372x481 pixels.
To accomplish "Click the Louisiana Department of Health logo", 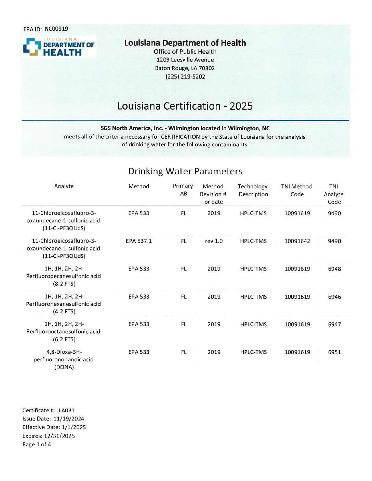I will point(59,47).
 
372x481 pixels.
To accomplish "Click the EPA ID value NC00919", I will point(56,29).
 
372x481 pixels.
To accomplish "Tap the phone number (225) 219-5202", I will point(185,77).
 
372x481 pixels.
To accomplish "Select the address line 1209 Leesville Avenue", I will point(185,60).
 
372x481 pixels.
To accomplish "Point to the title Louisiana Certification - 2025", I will point(185,106).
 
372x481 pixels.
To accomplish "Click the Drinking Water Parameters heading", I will point(185,171).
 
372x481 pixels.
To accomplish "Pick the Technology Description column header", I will point(253,190).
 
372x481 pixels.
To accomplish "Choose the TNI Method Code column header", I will point(297,190).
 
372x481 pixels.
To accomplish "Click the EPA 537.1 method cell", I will point(139,241).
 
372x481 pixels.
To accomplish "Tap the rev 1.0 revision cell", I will point(214,241).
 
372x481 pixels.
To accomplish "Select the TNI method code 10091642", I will point(297,241).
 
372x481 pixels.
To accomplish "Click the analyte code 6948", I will point(334,269).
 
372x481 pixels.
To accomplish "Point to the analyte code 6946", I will point(334,297).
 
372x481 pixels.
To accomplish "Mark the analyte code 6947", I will point(334,324).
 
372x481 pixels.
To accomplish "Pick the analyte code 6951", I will point(334,352).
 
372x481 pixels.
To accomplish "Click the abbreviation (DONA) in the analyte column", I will point(64,367).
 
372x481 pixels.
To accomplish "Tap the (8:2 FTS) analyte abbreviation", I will point(64,284).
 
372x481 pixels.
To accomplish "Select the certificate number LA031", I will point(66,410).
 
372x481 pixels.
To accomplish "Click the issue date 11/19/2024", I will point(69,419).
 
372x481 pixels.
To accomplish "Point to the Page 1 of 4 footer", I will point(37,444).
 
